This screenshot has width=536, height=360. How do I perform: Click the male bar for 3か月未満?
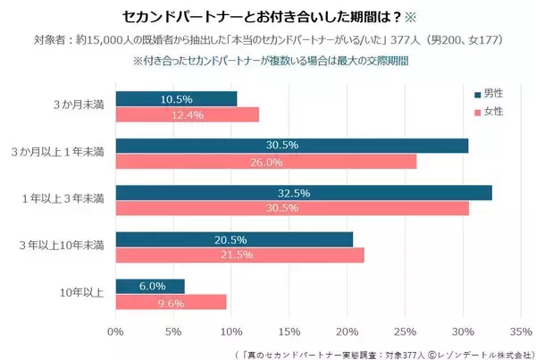pos(176,99)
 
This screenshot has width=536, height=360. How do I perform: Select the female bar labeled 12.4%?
pos(187,114)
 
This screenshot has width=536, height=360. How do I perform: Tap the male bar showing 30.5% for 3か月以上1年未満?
pos(291,146)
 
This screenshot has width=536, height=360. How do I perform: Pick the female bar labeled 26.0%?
pos(265,162)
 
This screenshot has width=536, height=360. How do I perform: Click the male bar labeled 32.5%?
pos(303,192)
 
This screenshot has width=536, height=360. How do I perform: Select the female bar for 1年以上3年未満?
pos(291,208)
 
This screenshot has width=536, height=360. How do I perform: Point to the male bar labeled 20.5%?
pos(233,239)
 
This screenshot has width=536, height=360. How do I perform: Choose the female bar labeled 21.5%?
pos(239,255)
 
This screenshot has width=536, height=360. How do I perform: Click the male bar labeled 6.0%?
pos(149,286)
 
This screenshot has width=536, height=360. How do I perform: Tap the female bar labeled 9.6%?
pos(171,301)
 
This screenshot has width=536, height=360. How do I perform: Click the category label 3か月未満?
pos(80,106)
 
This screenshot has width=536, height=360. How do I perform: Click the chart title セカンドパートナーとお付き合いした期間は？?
pos(250,17)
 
